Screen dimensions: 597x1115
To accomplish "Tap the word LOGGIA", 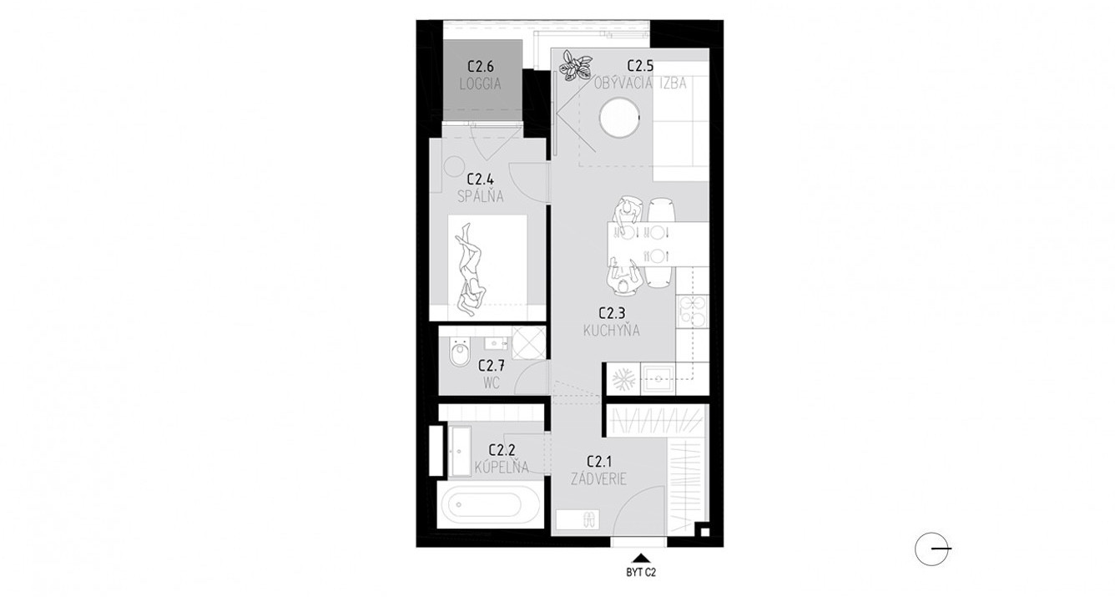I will tap(480, 84).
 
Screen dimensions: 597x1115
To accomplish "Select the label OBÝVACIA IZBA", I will tap(642, 83).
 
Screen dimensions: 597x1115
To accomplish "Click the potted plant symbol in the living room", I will tap(574, 65).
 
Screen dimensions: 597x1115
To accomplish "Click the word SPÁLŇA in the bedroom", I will tap(481, 197).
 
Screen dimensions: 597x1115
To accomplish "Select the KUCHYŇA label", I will tap(613, 331).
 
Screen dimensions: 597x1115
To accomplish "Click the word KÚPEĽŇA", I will tap(501, 468).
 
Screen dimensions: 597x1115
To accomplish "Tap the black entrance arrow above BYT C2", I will tap(640, 557).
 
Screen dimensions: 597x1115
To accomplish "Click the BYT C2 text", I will tap(640, 573).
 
